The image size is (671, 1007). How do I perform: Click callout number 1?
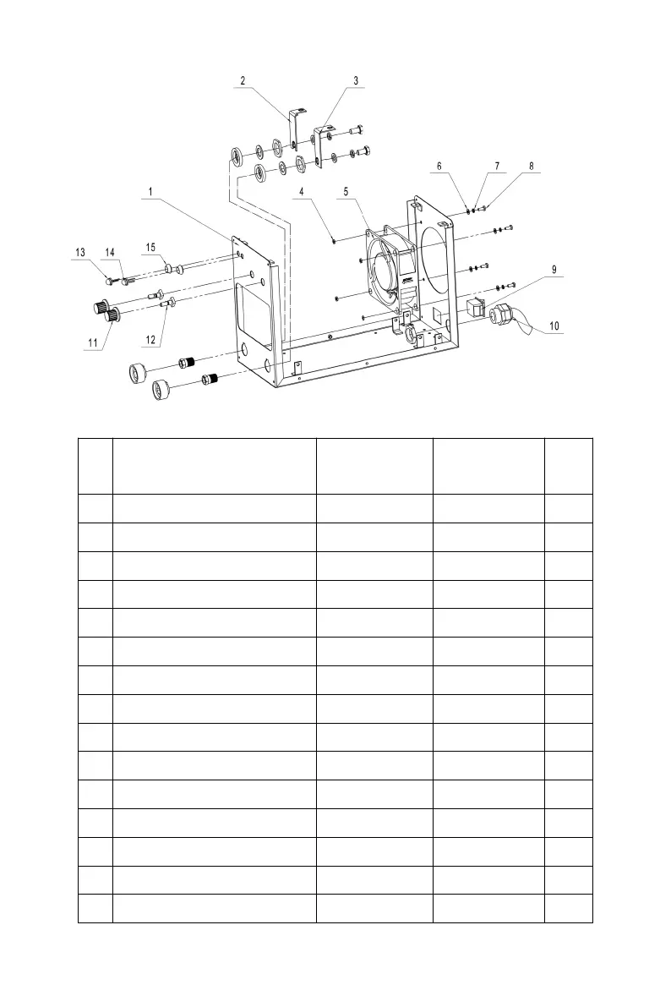150,192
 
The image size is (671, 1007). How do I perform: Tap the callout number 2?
243,81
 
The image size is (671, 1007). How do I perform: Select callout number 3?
356,81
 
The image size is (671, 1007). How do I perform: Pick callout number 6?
439,167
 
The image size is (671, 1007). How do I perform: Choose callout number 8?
532,167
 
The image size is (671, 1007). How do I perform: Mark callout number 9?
554,271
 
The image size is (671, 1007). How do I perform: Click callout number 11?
92,342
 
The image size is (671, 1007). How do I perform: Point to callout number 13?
80,252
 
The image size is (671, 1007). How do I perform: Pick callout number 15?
150,247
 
